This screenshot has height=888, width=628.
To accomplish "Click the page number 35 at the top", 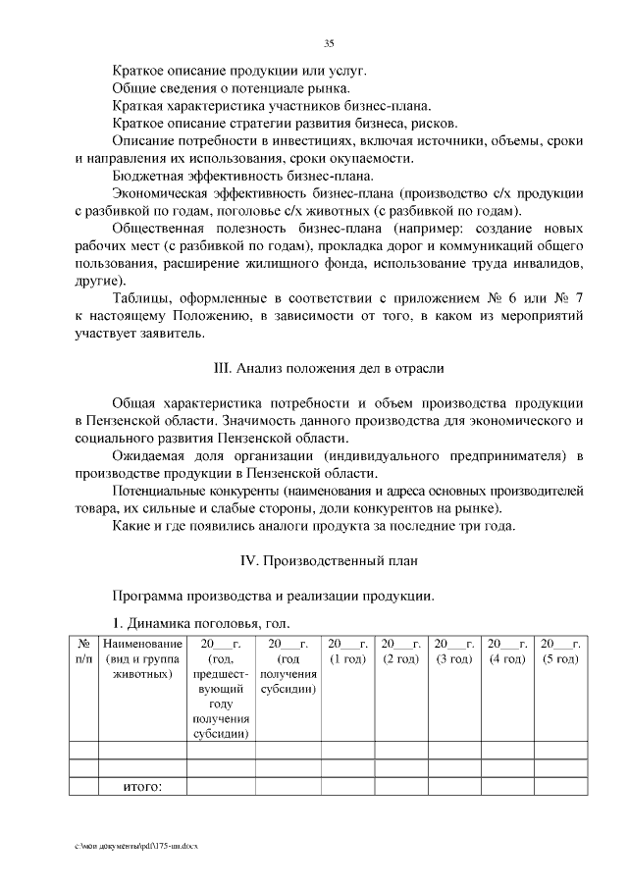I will [x=329, y=42].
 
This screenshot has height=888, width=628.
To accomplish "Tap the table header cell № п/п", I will [x=83, y=651].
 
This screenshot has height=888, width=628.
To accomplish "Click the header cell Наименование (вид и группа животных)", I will [x=142, y=659].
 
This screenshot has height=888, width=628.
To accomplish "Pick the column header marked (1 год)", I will [x=347, y=651].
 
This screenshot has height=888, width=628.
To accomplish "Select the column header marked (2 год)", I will [x=400, y=651].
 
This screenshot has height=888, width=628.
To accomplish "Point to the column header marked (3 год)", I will [x=454, y=651].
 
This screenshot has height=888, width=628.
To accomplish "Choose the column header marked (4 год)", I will [x=507, y=651].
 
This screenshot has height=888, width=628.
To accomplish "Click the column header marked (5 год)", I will [x=560, y=651].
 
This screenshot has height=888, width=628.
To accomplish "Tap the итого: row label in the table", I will [x=142, y=786].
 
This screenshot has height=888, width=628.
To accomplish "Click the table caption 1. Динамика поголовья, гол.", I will [x=200, y=623].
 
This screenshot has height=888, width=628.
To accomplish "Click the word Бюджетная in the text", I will [x=148, y=177].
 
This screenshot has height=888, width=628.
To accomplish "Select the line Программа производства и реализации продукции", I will [x=272, y=596].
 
